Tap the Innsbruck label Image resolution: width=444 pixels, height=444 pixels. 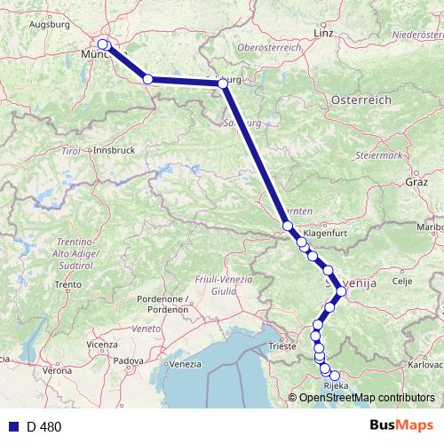[x=114, y=150]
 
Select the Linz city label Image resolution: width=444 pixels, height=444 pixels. [x=323, y=34]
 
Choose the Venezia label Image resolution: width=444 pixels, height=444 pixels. [x=185, y=365]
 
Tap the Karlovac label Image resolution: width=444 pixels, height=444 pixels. [x=424, y=364]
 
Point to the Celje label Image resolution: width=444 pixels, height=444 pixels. [x=404, y=281]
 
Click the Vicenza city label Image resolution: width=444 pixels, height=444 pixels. [x=103, y=343]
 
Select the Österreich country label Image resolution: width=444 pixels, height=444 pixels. [x=361, y=101]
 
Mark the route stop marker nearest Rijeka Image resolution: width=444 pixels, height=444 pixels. [x=334, y=375]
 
